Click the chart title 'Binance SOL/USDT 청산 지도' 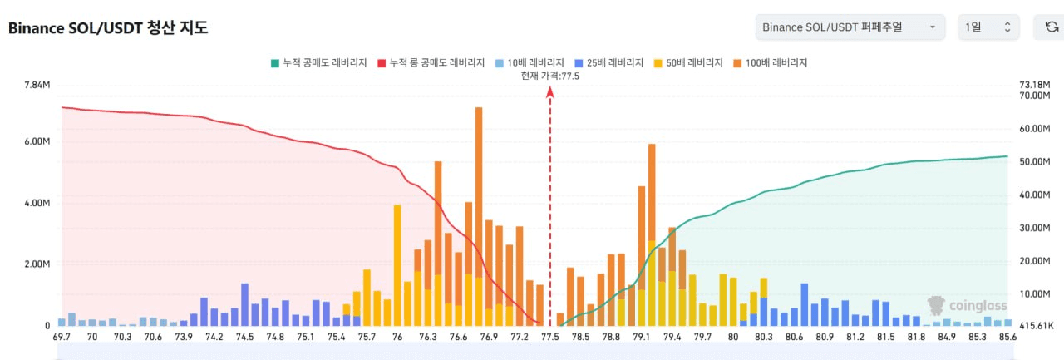point(108,27)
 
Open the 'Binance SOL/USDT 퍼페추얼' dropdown point(850,27)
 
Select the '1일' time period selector point(988,27)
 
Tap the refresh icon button point(1052,27)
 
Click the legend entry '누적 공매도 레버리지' point(318,62)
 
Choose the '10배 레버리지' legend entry point(530,62)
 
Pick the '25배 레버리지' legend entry point(609,62)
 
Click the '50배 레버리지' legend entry point(688,62)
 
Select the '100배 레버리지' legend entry point(771,62)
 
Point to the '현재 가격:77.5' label point(550,76)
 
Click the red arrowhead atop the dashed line point(550,91)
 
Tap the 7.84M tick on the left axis point(37,85)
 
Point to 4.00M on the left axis point(37,203)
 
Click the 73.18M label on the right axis point(1035,85)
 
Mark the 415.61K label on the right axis point(1037,326)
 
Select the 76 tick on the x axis point(397,337)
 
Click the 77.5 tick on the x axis point(550,337)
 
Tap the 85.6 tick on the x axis point(1007,337)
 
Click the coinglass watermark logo point(967,306)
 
